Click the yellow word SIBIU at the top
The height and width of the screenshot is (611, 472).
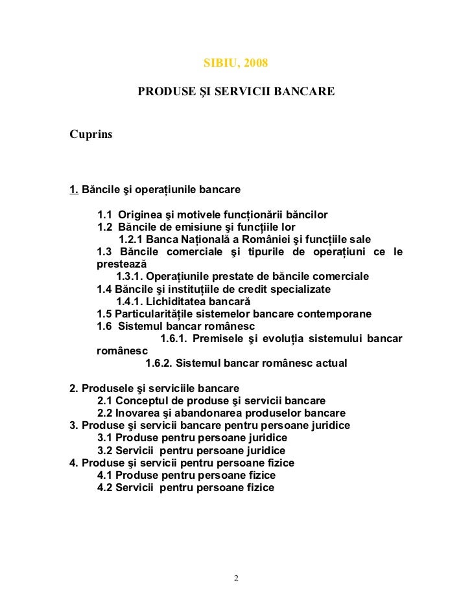click(x=218, y=65)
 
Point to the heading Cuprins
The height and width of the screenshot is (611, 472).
click(x=91, y=135)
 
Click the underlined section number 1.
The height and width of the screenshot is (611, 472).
click(x=74, y=190)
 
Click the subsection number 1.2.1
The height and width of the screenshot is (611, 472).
click(x=130, y=239)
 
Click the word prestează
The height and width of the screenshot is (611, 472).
click(x=121, y=264)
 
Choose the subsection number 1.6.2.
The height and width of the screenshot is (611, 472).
click(x=159, y=363)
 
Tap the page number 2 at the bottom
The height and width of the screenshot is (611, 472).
click(x=236, y=579)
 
